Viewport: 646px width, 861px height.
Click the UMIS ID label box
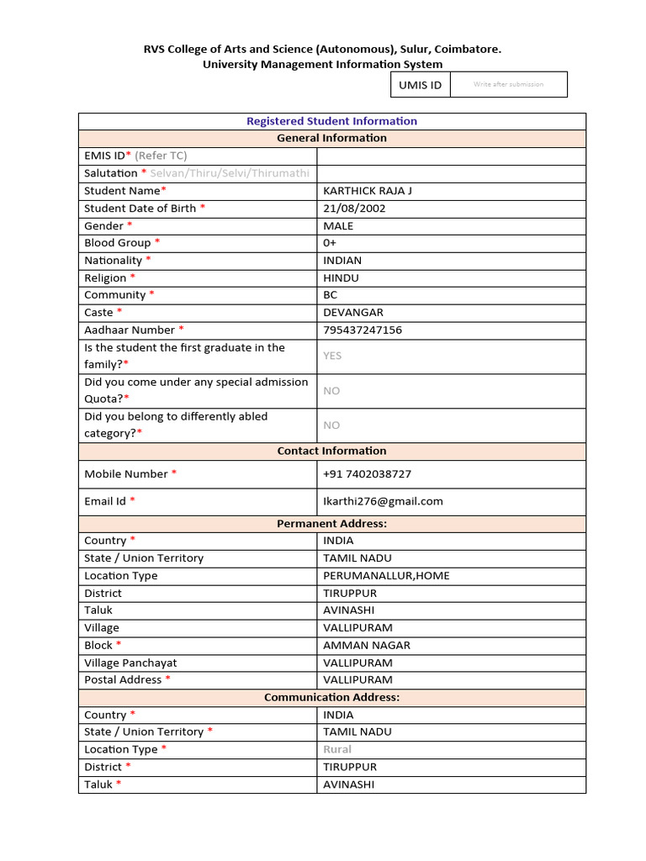point(420,85)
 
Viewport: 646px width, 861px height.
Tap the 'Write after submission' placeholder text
point(508,84)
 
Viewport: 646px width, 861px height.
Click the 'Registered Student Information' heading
point(331,121)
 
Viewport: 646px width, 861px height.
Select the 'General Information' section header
point(331,138)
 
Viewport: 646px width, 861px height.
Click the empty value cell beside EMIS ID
point(450,156)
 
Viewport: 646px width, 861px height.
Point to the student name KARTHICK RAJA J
point(368,191)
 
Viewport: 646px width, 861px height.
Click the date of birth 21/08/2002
point(354,209)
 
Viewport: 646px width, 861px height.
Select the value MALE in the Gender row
point(338,226)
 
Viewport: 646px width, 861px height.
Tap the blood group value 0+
point(330,243)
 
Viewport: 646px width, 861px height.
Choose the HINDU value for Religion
point(341,278)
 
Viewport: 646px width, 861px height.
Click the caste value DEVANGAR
point(352,313)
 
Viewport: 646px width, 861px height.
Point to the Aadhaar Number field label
point(130,330)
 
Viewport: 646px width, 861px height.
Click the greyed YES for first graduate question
point(332,356)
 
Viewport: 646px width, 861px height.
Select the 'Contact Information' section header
point(331,452)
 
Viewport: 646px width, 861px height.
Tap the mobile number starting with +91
point(367,474)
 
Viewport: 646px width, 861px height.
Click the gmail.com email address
point(383,502)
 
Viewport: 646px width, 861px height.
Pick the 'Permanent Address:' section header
point(331,524)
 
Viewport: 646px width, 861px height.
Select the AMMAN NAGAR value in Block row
point(367,646)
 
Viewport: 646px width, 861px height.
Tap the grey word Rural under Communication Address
point(337,749)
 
